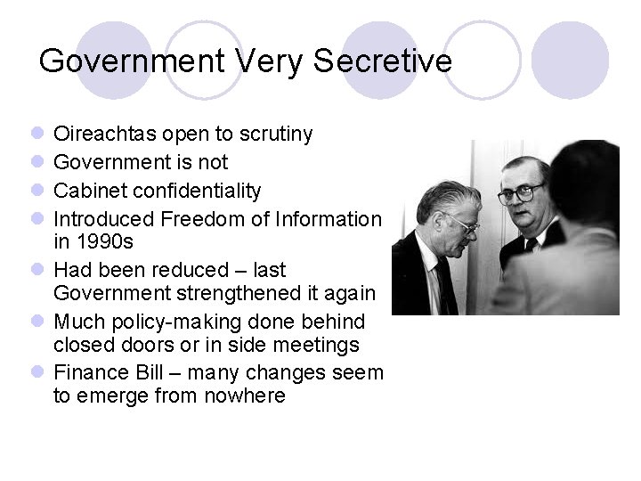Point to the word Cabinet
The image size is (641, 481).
click(x=88, y=191)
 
